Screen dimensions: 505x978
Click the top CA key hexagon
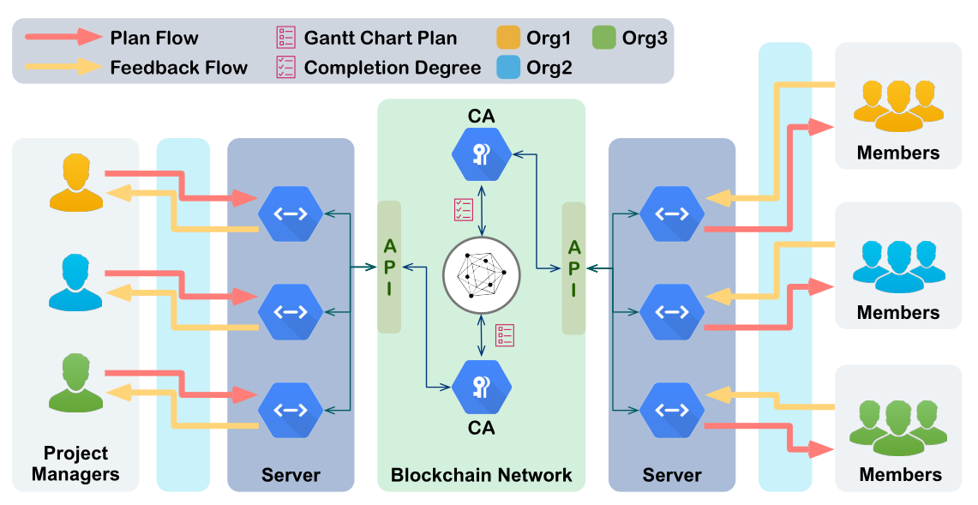tap(482, 153)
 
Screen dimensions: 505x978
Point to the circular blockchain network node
tap(482, 274)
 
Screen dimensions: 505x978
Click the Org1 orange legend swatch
tap(509, 38)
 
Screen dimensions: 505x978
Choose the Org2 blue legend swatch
tap(509, 67)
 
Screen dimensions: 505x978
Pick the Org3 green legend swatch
tap(604, 38)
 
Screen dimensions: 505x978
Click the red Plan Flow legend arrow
tap(63, 37)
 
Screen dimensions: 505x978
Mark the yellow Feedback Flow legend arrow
tap(63, 66)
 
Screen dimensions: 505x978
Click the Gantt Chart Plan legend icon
tap(285, 38)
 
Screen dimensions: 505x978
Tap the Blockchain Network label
tap(482, 474)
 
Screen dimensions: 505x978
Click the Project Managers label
tap(76, 463)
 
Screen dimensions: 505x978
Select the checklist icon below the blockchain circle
tap(505, 334)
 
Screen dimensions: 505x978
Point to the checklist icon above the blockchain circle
tap(464, 209)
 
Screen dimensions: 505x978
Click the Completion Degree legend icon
tap(285, 67)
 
